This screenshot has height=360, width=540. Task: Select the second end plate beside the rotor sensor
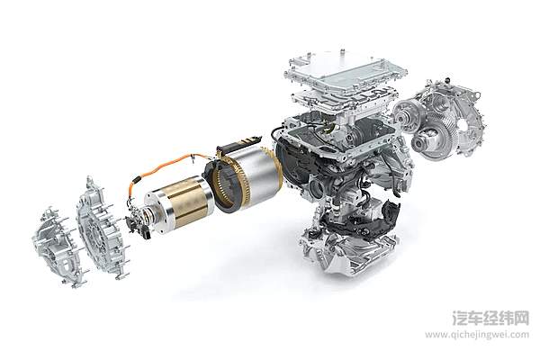click(101, 225)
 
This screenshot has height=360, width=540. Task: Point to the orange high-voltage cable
click(162, 169)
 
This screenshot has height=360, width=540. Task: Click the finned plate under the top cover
click(345, 100)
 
